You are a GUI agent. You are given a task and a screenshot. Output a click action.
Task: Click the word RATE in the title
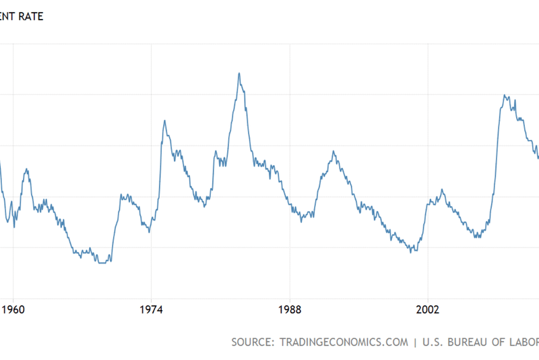[x=30, y=16]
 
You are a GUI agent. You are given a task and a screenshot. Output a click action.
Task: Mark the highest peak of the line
[x=239, y=73]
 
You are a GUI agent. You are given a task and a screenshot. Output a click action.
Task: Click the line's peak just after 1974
[x=164, y=120]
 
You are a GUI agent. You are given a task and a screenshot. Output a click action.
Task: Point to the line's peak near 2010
[x=505, y=95]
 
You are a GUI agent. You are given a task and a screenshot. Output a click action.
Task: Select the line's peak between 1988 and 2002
[x=333, y=151]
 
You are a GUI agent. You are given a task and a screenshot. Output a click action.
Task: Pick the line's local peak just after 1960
[x=26, y=169]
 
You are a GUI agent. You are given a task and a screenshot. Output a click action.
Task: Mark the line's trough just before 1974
[x=149, y=231]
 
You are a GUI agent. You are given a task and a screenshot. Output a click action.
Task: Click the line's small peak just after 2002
[x=442, y=189]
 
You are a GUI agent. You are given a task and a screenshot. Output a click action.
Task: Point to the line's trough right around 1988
[x=301, y=220]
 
